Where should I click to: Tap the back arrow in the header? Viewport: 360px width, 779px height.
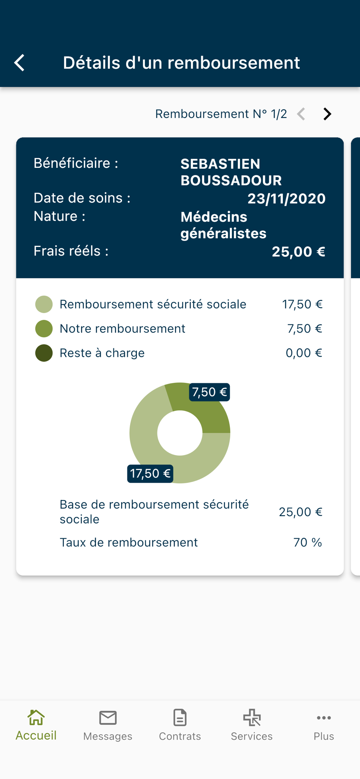19,63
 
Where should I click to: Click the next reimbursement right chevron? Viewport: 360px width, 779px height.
327,114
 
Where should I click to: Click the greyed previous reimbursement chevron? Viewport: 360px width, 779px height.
301,114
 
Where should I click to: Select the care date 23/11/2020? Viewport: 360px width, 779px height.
286,199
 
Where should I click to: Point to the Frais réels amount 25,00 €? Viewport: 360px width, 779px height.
298,252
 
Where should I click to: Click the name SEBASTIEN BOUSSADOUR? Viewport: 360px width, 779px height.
231,172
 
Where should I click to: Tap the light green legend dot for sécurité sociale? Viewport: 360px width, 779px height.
44,304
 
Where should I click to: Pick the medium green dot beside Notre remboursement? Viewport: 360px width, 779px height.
44,329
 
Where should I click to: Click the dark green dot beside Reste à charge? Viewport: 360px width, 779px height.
44,353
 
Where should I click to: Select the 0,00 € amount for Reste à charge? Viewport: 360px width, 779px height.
304,353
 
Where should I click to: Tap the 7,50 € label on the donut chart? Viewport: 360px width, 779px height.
209,392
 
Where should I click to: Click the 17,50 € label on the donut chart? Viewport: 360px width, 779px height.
150,474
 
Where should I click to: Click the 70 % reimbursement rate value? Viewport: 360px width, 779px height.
307,542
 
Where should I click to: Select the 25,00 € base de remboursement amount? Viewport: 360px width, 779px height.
300,512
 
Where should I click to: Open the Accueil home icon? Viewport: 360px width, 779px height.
36,717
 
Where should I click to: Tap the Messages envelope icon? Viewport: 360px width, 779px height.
108,717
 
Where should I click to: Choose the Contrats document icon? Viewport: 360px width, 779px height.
180,717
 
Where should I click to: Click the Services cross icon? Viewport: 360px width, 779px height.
252,717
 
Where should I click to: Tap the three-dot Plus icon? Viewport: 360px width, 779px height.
324,717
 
